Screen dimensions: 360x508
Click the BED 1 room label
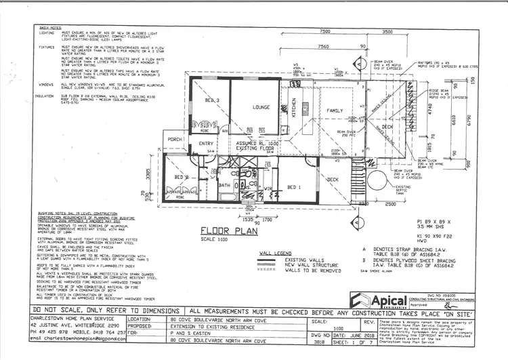point(293,186)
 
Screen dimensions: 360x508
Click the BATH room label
point(225,184)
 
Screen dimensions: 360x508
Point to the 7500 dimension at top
point(324,31)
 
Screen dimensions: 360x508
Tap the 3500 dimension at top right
point(387,31)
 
